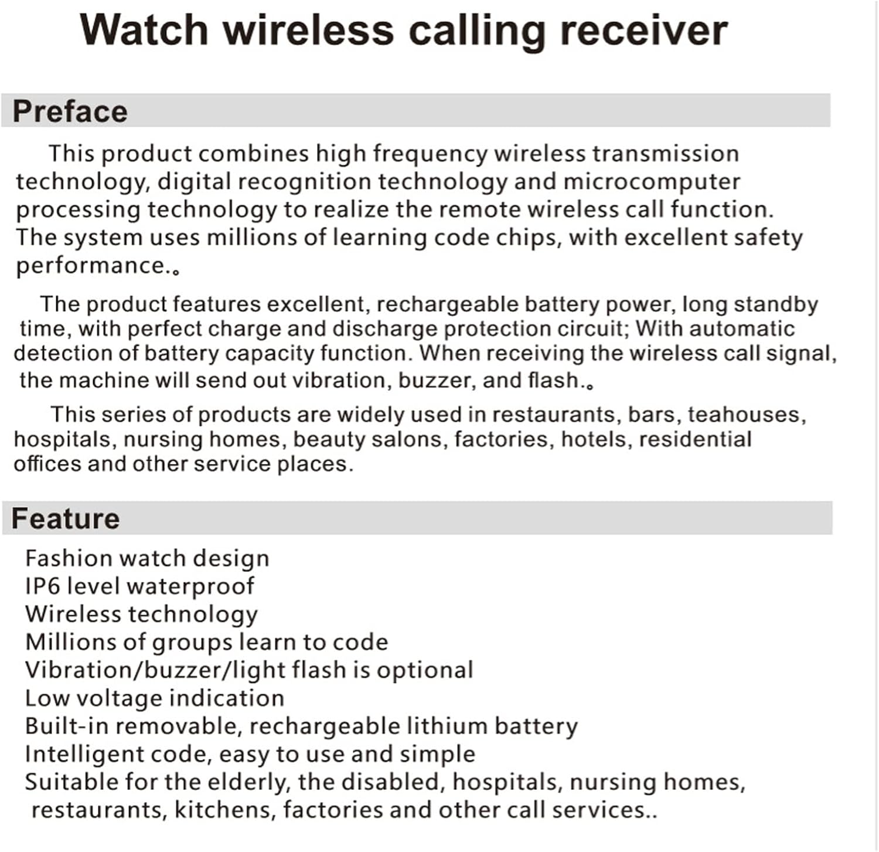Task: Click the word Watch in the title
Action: tap(144, 30)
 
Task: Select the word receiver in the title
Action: tap(643, 30)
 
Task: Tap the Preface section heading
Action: tap(70, 111)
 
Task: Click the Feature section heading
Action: tap(66, 519)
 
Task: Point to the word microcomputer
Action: tap(652, 182)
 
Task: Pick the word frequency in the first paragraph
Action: tap(430, 154)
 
